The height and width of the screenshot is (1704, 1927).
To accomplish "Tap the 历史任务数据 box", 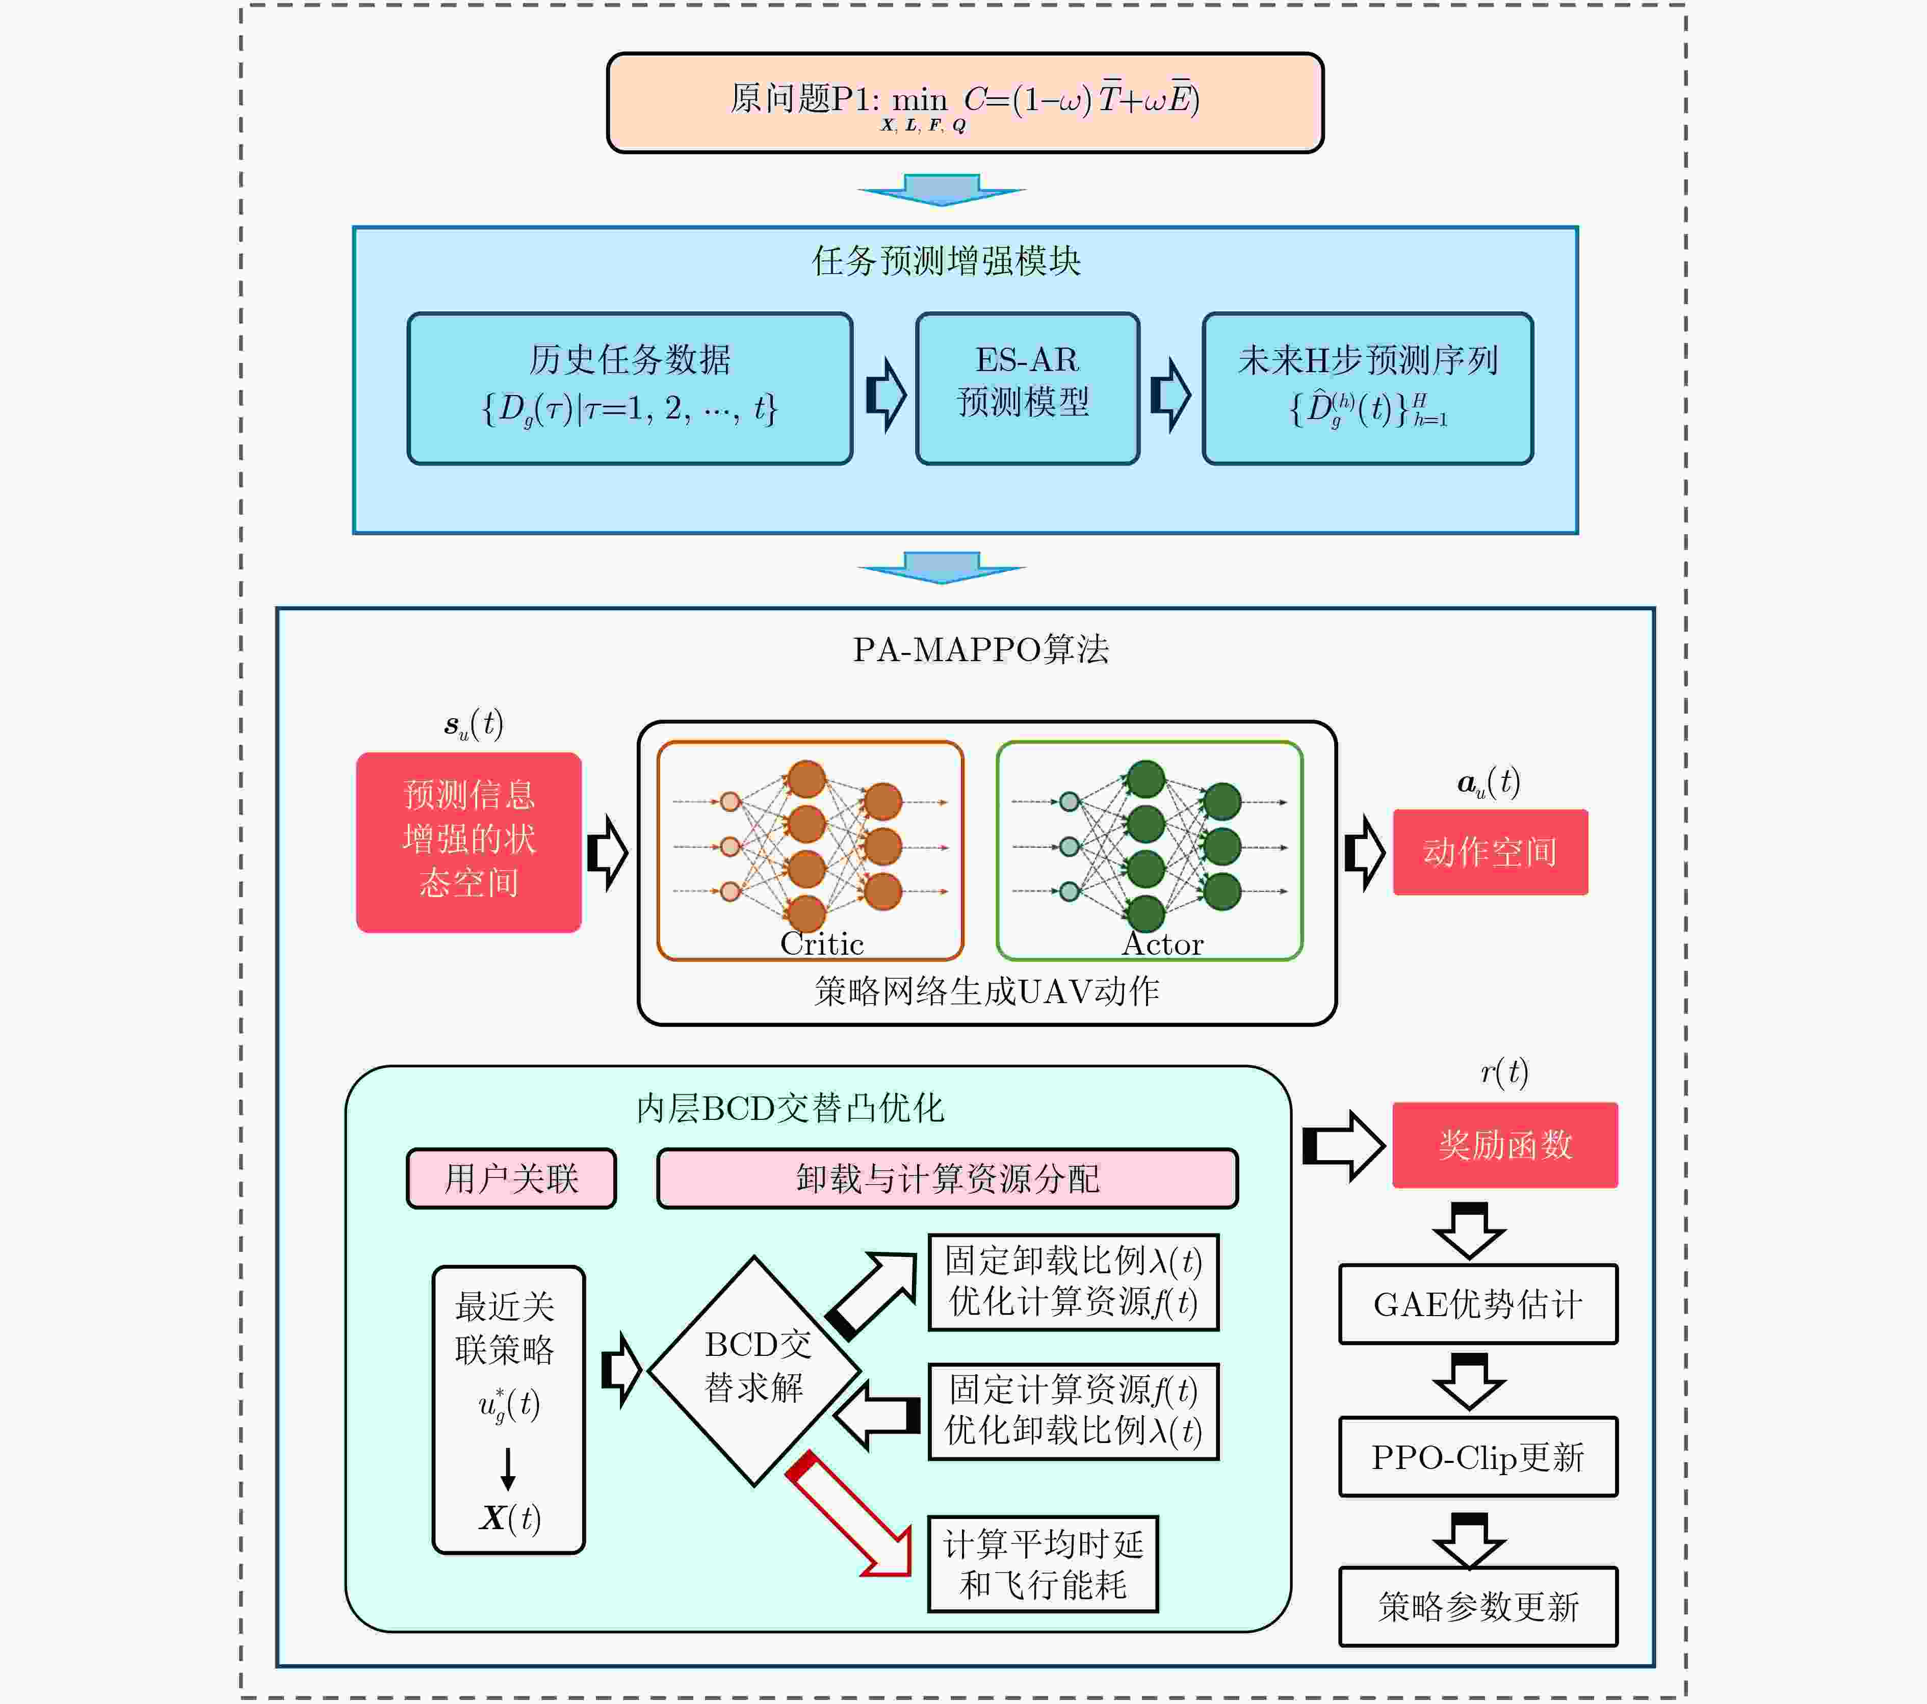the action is click(630, 388).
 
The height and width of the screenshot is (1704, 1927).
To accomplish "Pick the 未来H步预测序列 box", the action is click(1368, 388).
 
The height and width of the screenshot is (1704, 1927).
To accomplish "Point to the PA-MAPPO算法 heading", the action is click(980, 649).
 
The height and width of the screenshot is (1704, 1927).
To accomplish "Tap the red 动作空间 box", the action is click(1491, 852).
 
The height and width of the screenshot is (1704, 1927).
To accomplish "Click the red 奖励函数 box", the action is click(1505, 1145).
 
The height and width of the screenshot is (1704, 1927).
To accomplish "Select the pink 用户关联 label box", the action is click(511, 1178).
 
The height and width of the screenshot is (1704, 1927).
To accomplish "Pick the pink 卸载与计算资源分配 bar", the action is click(948, 1178).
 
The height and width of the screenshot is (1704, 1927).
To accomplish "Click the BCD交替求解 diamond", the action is click(754, 1371).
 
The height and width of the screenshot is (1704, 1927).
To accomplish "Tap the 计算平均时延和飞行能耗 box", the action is click(1043, 1564).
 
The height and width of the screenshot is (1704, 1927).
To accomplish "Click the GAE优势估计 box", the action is click(1478, 1304).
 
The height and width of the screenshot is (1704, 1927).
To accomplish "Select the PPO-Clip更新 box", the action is click(1478, 1457).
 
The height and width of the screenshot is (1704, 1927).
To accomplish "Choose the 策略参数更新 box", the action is click(1478, 1607).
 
